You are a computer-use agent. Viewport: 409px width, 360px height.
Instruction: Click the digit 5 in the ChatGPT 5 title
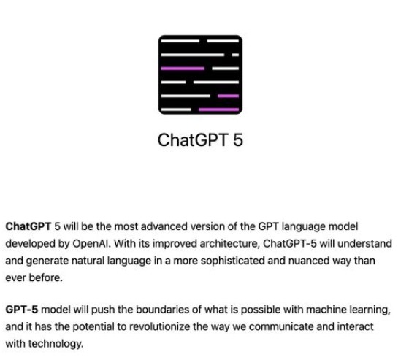237,140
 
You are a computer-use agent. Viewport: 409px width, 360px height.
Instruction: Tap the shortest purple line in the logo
228,96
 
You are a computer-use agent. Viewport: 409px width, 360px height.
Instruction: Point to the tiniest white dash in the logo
235,55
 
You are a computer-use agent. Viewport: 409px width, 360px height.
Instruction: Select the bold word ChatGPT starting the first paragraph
28,226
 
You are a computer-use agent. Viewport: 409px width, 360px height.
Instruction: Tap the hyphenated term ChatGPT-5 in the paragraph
290,244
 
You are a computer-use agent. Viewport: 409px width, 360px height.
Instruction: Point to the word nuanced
309,261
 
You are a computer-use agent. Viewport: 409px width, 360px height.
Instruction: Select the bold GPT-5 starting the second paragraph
22,310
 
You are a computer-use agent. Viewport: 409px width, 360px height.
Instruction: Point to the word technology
56,344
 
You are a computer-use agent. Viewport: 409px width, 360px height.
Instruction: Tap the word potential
93,327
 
